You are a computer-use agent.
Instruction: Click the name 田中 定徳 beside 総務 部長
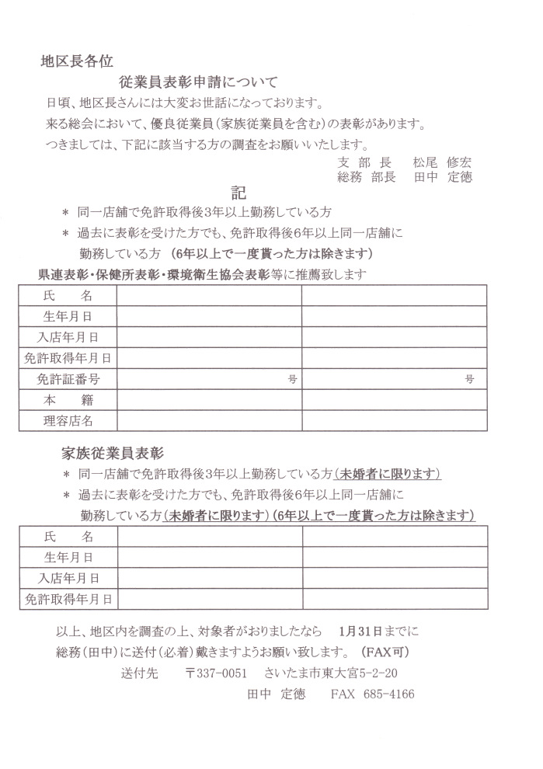tap(443, 177)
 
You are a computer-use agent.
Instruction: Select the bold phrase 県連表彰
tap(64, 274)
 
